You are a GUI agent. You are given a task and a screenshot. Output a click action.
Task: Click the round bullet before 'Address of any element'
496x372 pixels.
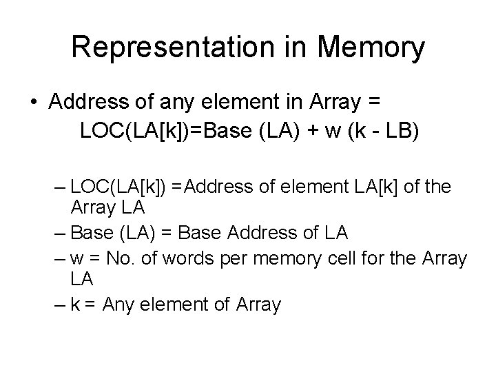[x=33, y=102]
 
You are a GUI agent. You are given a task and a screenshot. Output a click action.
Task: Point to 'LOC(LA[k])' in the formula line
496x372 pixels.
[x=128, y=130]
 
